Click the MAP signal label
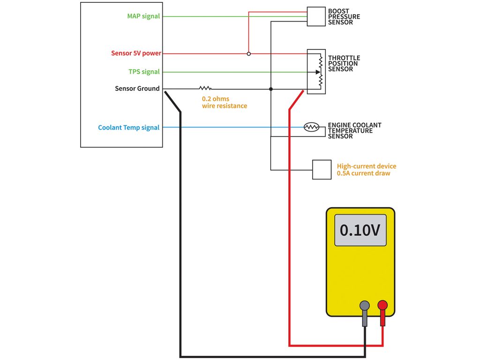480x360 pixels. (x=143, y=16)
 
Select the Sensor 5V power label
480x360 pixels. (x=136, y=53)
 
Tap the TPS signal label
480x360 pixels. (x=144, y=72)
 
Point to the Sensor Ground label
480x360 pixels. (x=137, y=89)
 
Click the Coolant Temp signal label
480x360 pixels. (x=128, y=127)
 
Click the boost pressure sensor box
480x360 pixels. (x=315, y=16)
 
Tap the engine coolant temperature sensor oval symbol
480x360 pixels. (x=311, y=127)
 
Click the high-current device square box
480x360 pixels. (x=322, y=169)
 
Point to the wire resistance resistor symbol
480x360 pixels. (x=205, y=88)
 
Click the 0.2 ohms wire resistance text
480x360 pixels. (x=224, y=103)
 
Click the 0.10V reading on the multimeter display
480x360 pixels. (x=360, y=230)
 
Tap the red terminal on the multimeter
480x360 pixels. (x=382, y=306)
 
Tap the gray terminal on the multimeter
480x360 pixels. (x=364, y=306)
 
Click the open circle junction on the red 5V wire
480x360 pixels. (x=248, y=53)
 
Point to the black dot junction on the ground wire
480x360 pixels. (x=271, y=89)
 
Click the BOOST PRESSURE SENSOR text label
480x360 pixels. (x=344, y=16)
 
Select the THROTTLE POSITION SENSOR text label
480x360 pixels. (x=344, y=64)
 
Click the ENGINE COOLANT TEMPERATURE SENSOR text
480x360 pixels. (x=354, y=131)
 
